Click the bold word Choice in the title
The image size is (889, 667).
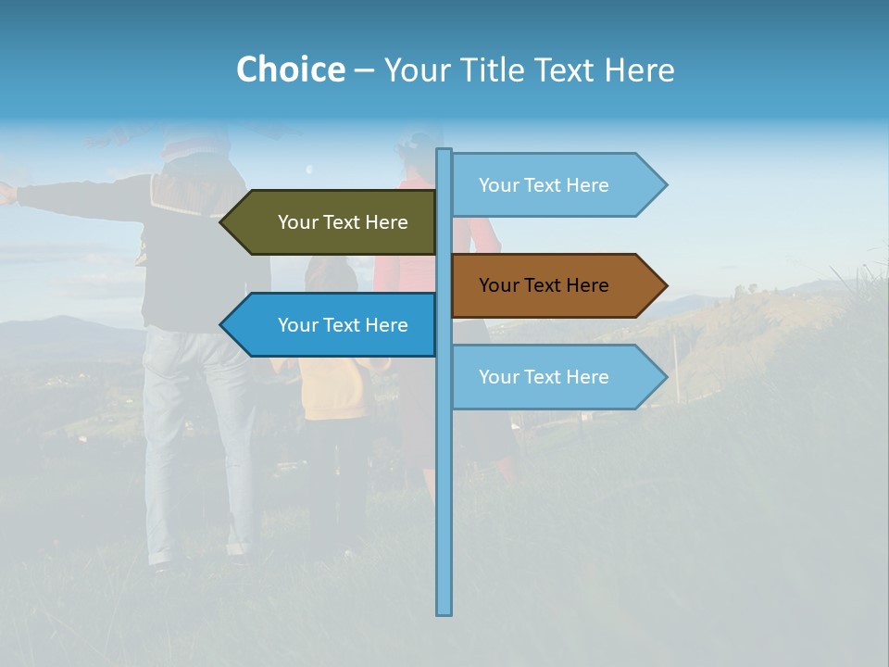290,69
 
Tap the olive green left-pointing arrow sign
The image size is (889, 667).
333,222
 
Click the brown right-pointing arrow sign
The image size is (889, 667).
556,285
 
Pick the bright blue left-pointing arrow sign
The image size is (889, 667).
333,325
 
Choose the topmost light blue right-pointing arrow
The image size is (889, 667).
556,185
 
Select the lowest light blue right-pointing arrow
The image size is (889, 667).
556,377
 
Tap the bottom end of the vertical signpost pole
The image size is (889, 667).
444,610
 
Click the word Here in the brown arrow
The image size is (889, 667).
587,285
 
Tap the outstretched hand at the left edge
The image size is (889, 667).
6,193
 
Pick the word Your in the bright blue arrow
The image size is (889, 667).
296,325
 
